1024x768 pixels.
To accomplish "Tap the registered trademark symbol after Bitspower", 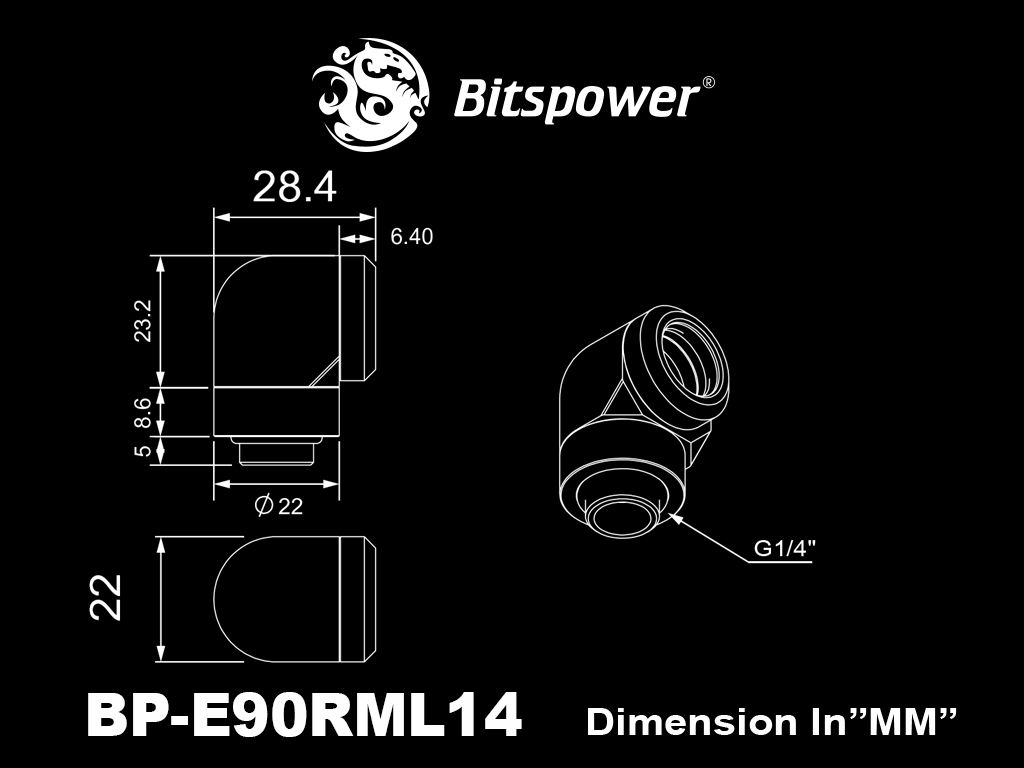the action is click(708, 82).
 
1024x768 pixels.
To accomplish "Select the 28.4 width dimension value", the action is click(295, 187).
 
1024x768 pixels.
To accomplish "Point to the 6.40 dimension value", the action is click(411, 236).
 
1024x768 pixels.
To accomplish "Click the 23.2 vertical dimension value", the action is click(143, 321).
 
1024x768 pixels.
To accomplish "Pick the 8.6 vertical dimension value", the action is click(143, 413).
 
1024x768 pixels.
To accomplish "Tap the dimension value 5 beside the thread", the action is click(144, 450).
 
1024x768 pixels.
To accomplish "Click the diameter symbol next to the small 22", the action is click(263, 505).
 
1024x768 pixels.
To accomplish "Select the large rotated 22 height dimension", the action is click(106, 597).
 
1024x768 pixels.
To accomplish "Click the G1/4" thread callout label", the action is click(785, 548).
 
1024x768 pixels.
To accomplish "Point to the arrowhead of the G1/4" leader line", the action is click(675, 517).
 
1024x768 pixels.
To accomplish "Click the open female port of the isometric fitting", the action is click(692, 361).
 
